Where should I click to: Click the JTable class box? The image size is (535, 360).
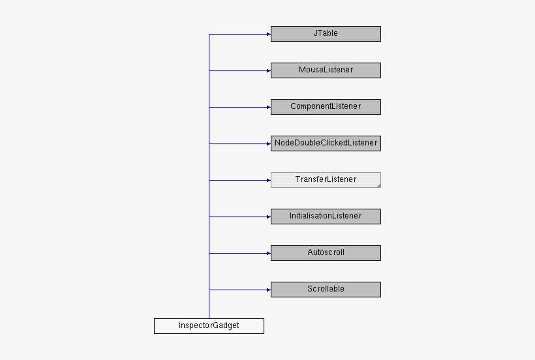click(326, 34)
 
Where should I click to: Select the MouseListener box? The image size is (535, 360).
click(326, 70)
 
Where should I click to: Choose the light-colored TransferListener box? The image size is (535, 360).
click(326, 180)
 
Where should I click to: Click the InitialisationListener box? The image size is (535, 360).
click(326, 217)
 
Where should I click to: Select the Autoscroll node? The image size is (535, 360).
click(326, 253)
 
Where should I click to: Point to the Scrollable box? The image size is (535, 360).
click(326, 290)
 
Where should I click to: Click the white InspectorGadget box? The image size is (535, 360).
click(209, 326)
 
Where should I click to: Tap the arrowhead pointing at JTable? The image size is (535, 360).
click(267, 34)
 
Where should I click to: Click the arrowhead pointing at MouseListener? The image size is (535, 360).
click(267, 70)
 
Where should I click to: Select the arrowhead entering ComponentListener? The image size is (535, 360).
click(267, 107)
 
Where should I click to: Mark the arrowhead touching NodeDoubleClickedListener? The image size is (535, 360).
click(267, 143)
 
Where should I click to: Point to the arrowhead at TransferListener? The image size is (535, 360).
click(267, 180)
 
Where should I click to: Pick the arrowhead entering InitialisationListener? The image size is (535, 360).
click(267, 217)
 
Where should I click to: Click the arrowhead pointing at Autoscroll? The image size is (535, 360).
click(267, 253)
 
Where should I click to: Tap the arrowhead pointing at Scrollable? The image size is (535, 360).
click(267, 290)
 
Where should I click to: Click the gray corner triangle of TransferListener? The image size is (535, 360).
click(378, 186)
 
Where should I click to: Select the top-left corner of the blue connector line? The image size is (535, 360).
click(209, 34)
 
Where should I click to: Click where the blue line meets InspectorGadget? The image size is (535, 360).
click(209, 318)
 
